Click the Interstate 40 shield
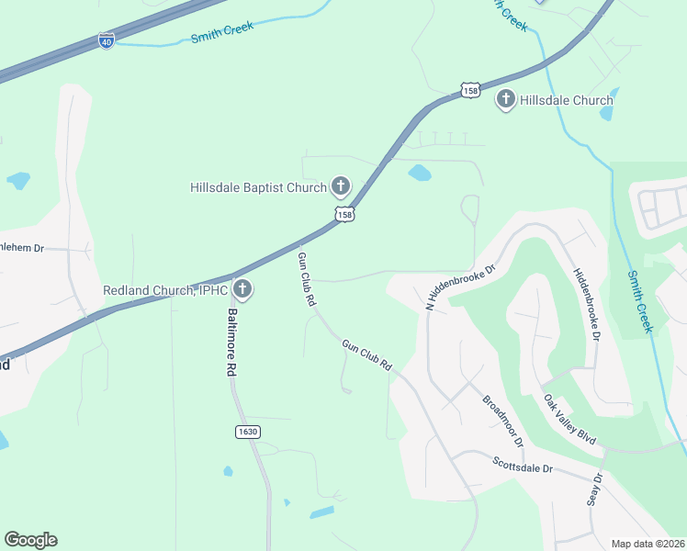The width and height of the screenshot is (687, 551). (107, 41)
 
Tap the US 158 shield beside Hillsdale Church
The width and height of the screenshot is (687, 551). (470, 91)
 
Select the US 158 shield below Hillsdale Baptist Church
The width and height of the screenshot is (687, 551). (344, 214)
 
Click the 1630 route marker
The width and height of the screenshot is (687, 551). (247, 432)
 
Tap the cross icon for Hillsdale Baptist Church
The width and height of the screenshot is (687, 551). (340, 187)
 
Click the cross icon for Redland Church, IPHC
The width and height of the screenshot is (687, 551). (242, 290)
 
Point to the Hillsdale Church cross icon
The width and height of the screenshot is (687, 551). (505, 99)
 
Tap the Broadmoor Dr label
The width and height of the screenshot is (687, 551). (502, 422)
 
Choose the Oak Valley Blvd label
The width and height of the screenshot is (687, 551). (570, 421)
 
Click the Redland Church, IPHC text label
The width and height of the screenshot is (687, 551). (165, 291)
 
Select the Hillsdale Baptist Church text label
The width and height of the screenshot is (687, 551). (258, 188)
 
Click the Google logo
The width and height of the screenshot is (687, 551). (30, 540)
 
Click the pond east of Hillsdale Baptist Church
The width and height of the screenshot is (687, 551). (419, 172)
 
